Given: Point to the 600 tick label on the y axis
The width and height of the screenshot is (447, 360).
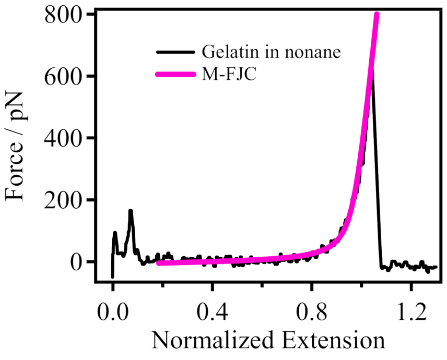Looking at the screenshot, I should (x=63, y=76).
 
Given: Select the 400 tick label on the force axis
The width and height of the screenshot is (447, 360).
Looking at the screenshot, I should (x=63, y=138).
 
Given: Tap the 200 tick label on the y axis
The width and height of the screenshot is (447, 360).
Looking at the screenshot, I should (x=63, y=200).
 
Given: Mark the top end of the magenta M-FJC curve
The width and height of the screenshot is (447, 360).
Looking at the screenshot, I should (x=376, y=15).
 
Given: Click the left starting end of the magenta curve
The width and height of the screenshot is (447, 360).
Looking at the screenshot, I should (x=159, y=263).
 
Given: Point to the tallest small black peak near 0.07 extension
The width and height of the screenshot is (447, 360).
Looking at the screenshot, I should (x=131, y=211).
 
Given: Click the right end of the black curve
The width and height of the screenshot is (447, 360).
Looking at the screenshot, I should (x=436, y=267).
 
